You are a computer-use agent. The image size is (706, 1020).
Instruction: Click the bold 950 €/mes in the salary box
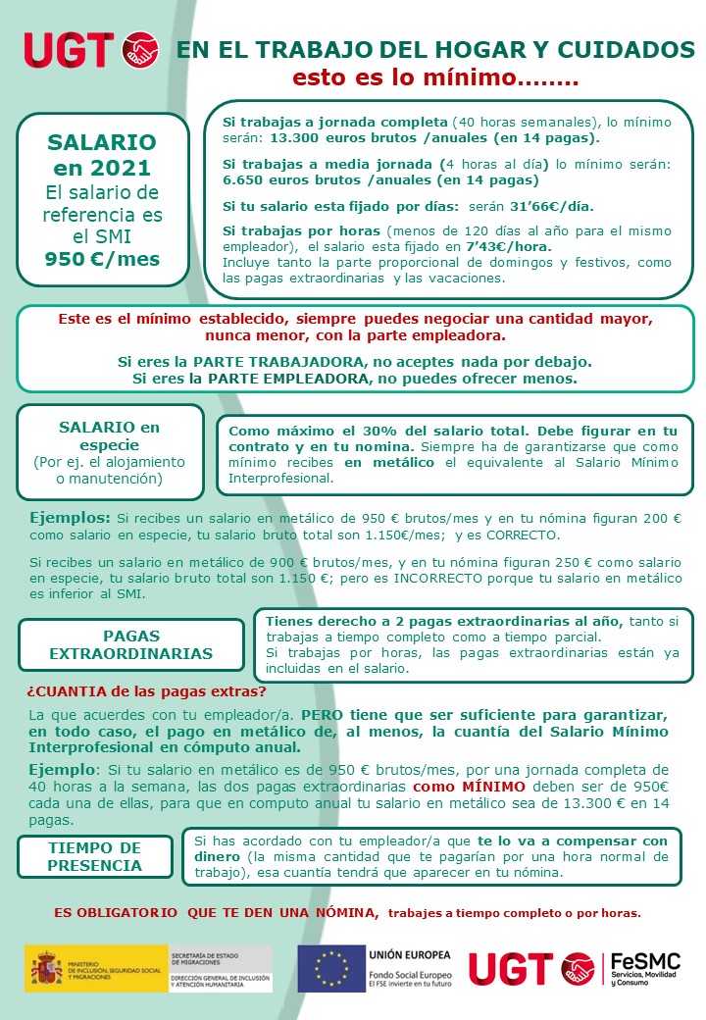click(102, 260)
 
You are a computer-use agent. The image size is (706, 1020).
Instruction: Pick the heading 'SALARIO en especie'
click(109, 436)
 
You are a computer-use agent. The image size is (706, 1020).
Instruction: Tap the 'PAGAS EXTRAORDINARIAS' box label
click(130, 644)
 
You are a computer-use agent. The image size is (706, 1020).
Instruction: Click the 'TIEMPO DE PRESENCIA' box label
click(95, 856)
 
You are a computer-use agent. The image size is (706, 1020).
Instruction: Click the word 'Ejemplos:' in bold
click(70, 517)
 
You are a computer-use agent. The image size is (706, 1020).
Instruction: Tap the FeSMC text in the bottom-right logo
click(644, 961)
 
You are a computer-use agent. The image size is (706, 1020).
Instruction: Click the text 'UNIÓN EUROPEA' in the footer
click(410, 954)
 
